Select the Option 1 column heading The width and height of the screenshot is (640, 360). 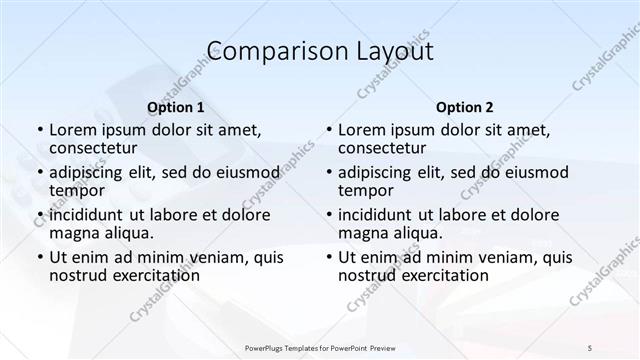coord(176,106)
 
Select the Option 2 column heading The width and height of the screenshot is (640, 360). coord(465,106)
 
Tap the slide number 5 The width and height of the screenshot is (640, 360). coord(591,347)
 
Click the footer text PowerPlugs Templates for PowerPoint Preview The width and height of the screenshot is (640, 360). coord(320,347)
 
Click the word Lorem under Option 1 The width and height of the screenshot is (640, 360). coord(74,129)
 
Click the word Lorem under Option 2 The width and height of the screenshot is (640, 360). coord(363,129)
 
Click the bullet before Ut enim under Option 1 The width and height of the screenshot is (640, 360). coord(39,257)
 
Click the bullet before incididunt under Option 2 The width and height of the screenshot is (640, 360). coord(328,215)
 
